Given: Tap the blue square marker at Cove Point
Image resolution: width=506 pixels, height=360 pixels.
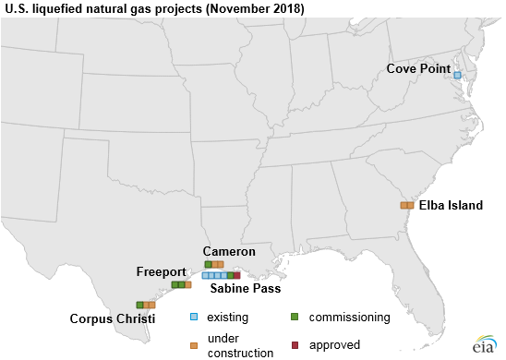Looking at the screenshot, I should pyautogui.click(x=457, y=75).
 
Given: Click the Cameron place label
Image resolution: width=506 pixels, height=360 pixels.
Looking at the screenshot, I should pyautogui.click(x=230, y=252).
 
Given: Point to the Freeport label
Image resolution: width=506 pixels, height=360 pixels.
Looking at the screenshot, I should pyautogui.click(x=162, y=271).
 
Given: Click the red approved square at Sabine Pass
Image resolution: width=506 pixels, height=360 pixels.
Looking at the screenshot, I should pyautogui.click(x=237, y=275).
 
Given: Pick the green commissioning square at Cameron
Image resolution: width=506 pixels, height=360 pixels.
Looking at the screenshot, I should pyautogui.click(x=208, y=265).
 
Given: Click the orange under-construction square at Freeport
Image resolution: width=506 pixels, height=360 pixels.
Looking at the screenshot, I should pyautogui.click(x=188, y=285).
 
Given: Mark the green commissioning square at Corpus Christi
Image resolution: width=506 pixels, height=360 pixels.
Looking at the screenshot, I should pyautogui.click(x=139, y=305).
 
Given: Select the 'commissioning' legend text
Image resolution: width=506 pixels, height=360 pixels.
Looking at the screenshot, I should pyautogui.click(x=350, y=317).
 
